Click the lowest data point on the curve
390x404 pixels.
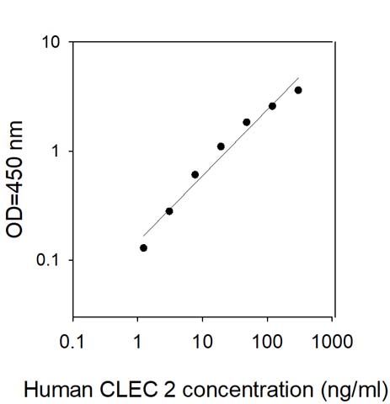[x=143, y=247]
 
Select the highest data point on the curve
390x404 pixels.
[x=298, y=90]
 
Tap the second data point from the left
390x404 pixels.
[x=169, y=211]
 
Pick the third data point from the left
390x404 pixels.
[x=195, y=174]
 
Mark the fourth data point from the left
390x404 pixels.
[x=221, y=146]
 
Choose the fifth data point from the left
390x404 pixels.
[x=247, y=122]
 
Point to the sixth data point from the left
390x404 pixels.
[x=272, y=106]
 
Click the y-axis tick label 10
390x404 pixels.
[x=51, y=43]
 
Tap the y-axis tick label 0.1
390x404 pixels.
[x=49, y=260]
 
